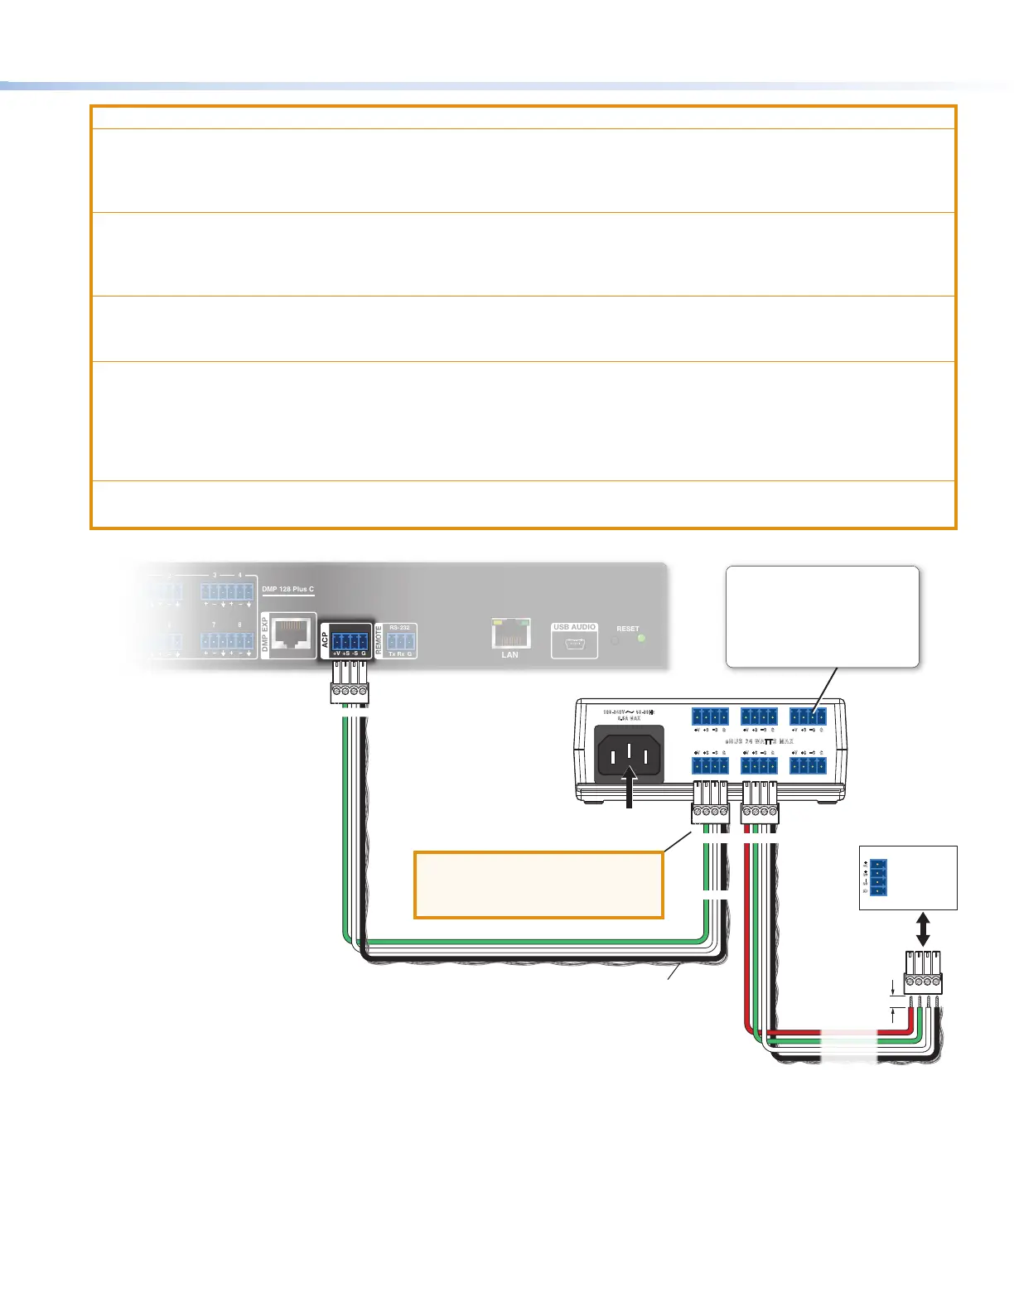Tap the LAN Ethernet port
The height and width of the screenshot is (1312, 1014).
click(509, 634)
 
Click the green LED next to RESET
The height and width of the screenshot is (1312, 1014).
click(641, 639)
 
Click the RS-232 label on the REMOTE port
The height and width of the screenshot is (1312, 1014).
click(400, 628)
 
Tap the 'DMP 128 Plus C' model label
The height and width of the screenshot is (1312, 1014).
click(287, 589)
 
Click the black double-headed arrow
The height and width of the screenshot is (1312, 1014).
click(923, 929)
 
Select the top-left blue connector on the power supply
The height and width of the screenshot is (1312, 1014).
click(710, 717)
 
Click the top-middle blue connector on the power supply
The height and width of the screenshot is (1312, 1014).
click(759, 717)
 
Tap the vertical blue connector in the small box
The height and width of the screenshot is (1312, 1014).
click(878, 877)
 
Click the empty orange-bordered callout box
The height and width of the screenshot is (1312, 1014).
click(538, 885)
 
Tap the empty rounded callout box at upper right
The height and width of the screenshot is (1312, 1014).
click(822, 616)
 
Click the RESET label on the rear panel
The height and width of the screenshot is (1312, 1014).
click(628, 629)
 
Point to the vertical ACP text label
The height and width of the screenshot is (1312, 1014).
click(326, 640)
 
